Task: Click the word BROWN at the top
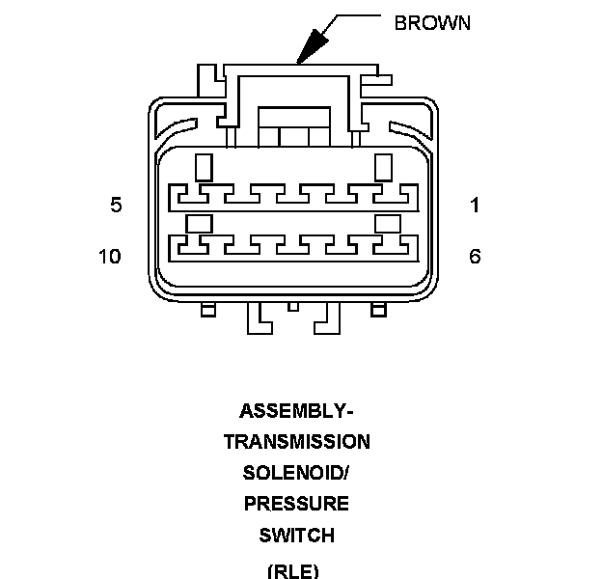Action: coord(432,22)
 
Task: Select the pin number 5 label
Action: coord(116,205)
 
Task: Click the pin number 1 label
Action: coord(475,205)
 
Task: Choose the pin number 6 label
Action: coord(475,257)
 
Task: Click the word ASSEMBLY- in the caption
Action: coord(296,411)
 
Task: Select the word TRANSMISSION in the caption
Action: coord(296,442)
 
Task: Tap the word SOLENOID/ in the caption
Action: coord(296,473)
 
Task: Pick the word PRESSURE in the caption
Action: coord(296,504)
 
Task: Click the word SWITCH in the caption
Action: coord(296,535)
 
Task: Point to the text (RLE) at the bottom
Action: coord(292,568)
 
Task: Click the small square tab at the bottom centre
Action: coord(293,307)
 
